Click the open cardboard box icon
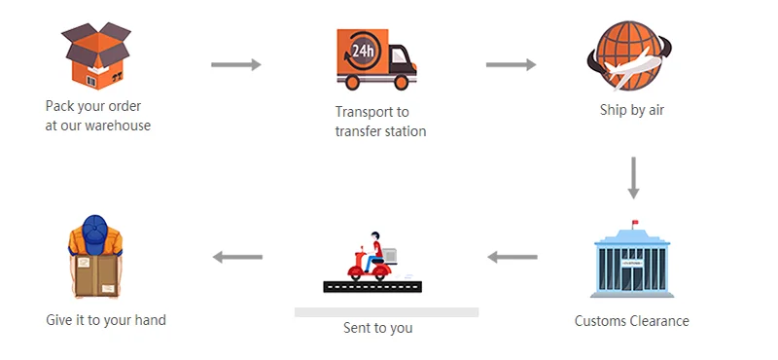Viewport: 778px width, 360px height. (x=96, y=56)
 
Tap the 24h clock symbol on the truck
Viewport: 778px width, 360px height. (x=363, y=51)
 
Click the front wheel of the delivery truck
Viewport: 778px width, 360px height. (x=401, y=82)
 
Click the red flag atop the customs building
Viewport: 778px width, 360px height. (x=635, y=223)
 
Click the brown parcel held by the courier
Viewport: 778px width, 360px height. (x=96, y=274)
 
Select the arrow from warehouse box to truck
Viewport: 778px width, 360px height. (x=235, y=64)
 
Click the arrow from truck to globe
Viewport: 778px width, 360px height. (x=511, y=64)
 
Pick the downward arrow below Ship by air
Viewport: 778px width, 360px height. (x=633, y=178)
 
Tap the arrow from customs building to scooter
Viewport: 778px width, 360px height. (x=513, y=257)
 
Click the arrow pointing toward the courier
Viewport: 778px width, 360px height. (x=237, y=257)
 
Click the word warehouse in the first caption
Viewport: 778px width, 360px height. (x=118, y=126)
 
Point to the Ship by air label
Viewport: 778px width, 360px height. (x=631, y=110)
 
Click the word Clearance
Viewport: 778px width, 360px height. (x=659, y=321)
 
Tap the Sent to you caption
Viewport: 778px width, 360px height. (x=377, y=328)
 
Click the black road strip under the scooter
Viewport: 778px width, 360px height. (x=372, y=286)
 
